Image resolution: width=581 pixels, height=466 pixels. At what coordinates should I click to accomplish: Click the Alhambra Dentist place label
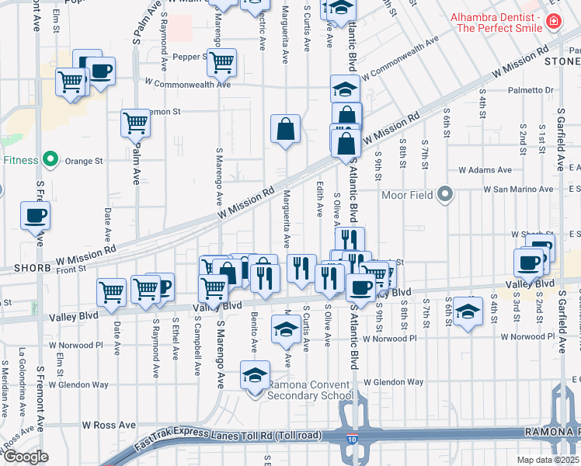tap(497, 23)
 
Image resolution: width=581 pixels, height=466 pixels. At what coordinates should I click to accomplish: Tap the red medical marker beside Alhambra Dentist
tap(553, 22)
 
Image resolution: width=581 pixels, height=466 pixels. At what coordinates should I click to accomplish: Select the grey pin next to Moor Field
tap(445, 193)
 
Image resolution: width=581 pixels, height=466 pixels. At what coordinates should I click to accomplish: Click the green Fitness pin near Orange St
tap(50, 161)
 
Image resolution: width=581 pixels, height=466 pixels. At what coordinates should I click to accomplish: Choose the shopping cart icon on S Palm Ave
tap(135, 123)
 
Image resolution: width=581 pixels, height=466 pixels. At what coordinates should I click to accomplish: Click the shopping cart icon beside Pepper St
tap(222, 62)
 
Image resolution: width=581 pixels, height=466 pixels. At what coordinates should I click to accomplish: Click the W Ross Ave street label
tap(109, 426)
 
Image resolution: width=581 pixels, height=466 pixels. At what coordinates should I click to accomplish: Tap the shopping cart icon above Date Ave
tap(111, 292)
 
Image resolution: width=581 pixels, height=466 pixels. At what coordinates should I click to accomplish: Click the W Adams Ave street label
tap(485, 169)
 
